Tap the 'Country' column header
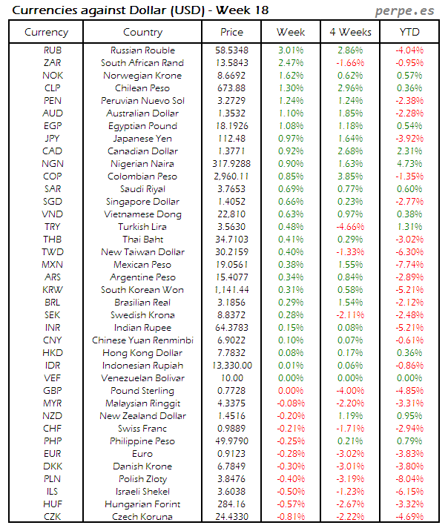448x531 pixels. click(x=142, y=32)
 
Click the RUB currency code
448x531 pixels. click(x=52, y=50)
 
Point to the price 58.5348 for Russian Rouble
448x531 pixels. click(x=232, y=50)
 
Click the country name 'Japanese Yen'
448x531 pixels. click(x=142, y=139)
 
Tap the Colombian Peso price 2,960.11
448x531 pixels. click(x=232, y=177)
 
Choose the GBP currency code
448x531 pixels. click(x=52, y=391)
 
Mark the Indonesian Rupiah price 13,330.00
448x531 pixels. click(x=232, y=366)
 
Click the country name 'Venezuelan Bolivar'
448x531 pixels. click(x=142, y=378)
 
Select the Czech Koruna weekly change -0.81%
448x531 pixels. click(x=290, y=517)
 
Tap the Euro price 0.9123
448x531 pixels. click(x=232, y=454)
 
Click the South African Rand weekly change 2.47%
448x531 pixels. click(x=290, y=63)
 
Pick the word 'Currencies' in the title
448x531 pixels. click(x=42, y=10)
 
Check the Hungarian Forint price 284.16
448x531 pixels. click(x=232, y=504)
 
